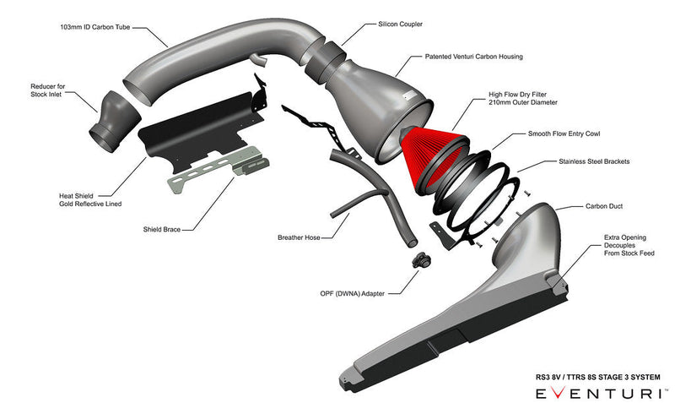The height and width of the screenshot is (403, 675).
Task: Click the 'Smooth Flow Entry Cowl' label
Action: click(x=564, y=133)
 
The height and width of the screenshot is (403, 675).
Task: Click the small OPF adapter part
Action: click(x=418, y=259)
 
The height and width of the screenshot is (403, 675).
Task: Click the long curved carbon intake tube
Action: click(x=219, y=63)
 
